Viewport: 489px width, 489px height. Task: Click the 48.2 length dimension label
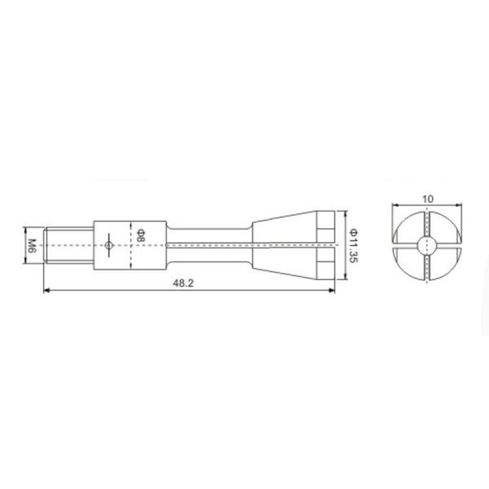[183, 283]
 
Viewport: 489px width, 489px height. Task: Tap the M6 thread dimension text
[33, 246]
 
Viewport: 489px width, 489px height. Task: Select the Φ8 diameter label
[141, 236]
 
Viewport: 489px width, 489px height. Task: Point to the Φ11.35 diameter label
[354, 246]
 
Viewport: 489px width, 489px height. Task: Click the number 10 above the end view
[428, 199]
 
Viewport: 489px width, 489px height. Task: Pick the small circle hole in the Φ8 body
[108, 245]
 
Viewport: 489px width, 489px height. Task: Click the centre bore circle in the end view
[427, 245]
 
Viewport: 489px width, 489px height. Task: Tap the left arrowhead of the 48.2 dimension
[46, 290]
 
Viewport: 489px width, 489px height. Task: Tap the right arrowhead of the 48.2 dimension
[332, 290]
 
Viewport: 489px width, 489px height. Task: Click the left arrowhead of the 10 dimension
[395, 205]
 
